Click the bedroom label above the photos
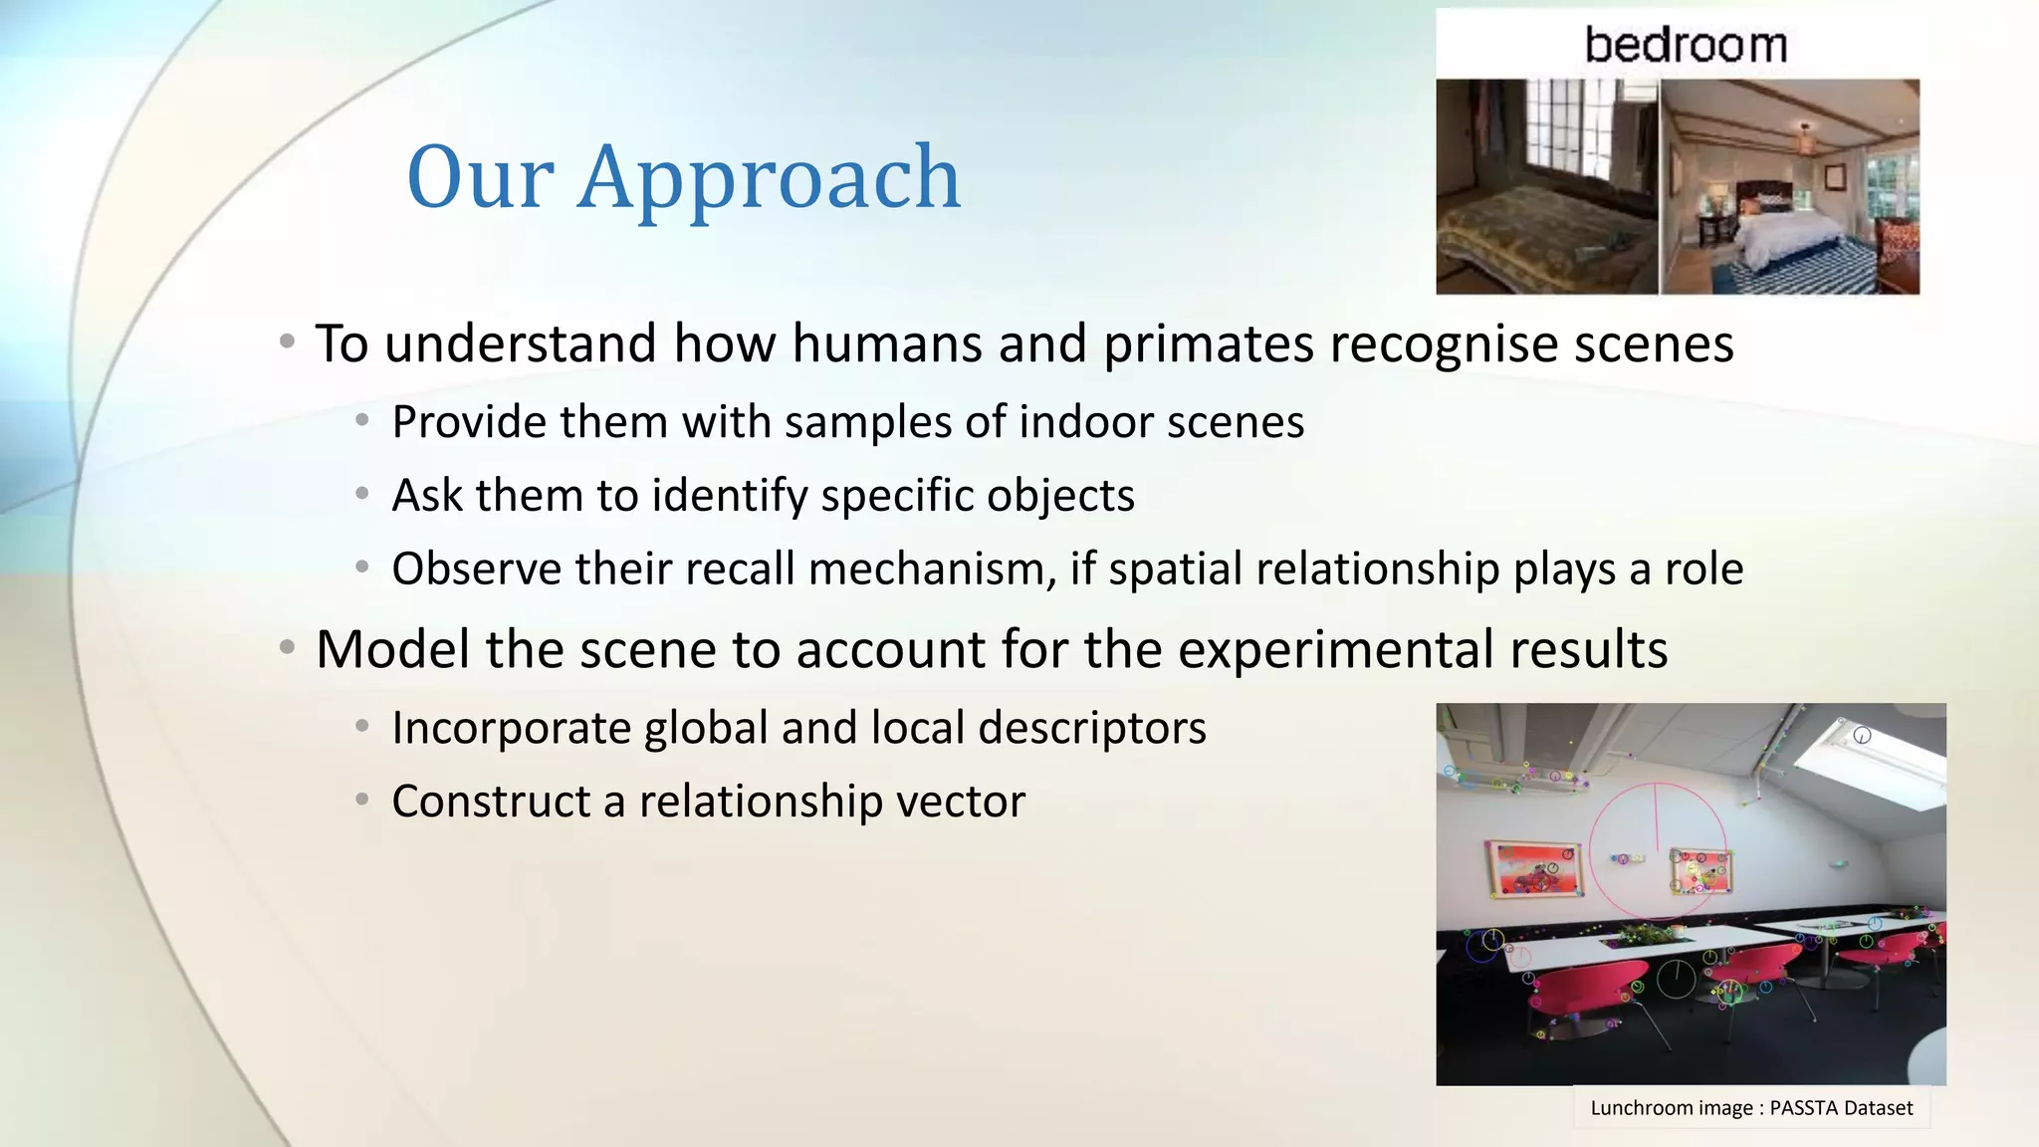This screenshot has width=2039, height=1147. click(x=1685, y=46)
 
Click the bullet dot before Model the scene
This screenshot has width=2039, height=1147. click(x=287, y=649)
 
